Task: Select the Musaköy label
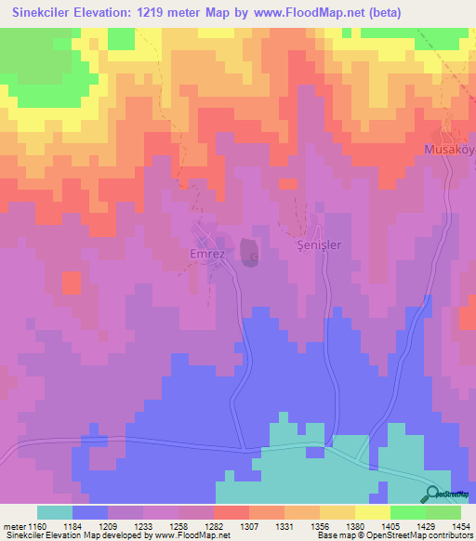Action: [x=448, y=149]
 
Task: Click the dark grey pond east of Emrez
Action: [x=249, y=252]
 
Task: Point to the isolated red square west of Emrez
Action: [x=72, y=283]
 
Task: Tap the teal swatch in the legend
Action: [x=55, y=512]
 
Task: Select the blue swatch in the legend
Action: [x=90, y=512]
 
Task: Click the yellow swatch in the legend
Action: [x=373, y=512]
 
